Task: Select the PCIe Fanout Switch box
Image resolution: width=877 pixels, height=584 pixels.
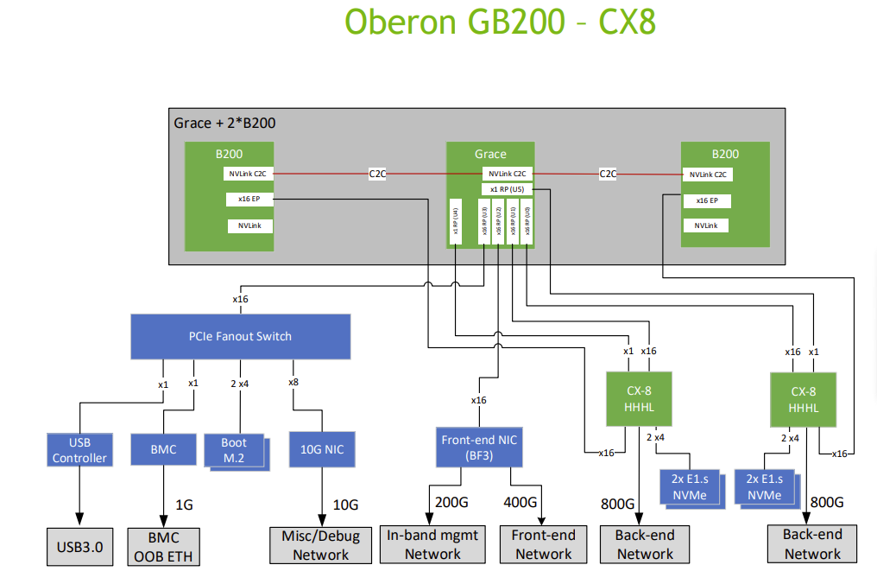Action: [240, 336]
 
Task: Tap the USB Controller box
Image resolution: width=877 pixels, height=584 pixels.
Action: [79, 450]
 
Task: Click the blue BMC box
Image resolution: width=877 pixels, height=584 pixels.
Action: [163, 449]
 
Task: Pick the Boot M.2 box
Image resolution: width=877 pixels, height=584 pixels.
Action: [234, 450]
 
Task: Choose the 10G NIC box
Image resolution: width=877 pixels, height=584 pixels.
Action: [321, 449]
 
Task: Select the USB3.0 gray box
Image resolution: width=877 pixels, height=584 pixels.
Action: [79, 546]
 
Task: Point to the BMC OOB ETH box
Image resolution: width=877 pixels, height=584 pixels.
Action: [163, 546]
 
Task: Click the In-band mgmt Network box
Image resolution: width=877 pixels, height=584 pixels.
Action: [432, 545]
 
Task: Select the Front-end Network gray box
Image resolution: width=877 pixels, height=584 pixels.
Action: [544, 545]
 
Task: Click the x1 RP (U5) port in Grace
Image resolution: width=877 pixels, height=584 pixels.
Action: [507, 188]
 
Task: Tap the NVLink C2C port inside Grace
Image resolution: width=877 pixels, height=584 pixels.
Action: [507, 174]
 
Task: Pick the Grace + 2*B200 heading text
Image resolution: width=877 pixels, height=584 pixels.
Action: [224, 123]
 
